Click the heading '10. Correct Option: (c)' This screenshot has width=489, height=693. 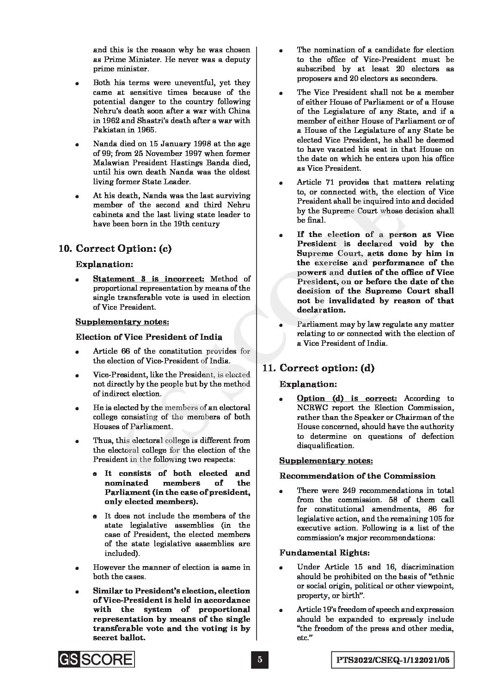(115, 249)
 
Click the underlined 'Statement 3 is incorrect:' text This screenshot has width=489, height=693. (148, 279)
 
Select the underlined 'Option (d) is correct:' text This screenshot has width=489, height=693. (347, 398)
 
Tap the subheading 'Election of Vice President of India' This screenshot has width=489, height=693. (149, 337)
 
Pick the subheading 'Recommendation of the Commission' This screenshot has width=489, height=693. (357, 476)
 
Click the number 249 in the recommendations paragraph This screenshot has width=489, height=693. (350, 490)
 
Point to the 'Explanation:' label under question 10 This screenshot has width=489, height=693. (104, 264)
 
